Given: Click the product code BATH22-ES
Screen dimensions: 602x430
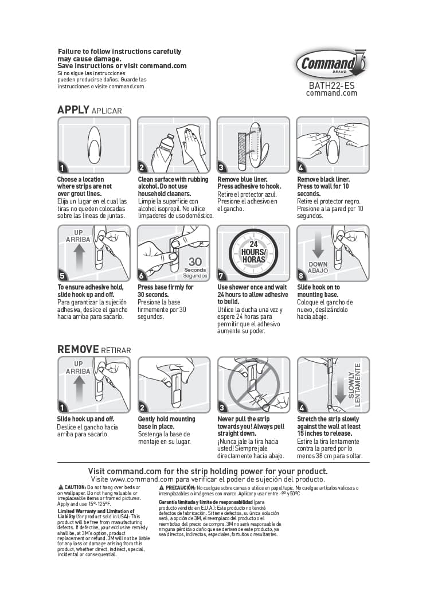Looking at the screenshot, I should [331, 85].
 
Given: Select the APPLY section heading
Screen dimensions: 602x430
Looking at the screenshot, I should [73, 110].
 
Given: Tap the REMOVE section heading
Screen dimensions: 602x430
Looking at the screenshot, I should [78, 349].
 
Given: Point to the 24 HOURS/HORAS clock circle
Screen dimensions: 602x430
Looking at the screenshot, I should [253, 253].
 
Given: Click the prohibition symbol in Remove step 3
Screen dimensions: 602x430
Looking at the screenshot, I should [253, 384].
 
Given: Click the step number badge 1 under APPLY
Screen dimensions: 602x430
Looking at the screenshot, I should [62, 168].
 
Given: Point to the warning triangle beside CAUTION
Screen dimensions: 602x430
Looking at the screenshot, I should [60, 487].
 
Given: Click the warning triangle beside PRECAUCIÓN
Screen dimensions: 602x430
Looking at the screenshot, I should [162, 487].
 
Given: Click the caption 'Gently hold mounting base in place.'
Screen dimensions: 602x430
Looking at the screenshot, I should [166, 423].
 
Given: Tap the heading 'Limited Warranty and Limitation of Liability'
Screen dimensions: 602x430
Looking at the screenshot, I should [96, 513].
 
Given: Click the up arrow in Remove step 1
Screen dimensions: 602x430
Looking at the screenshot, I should [79, 385].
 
